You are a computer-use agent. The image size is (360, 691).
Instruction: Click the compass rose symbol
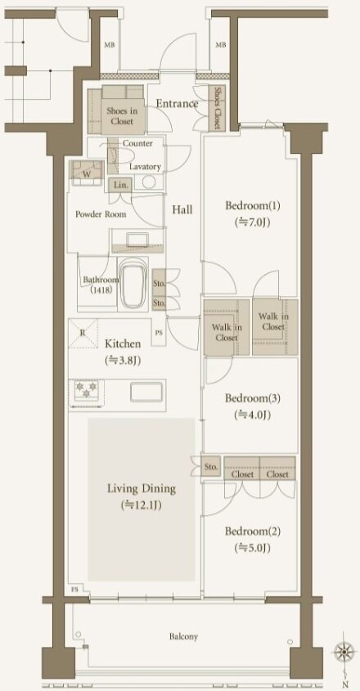click(344, 651)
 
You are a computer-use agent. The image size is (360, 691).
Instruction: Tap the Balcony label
click(183, 636)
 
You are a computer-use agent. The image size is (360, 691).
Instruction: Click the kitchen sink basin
click(146, 392)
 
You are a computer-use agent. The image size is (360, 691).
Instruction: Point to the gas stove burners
click(87, 390)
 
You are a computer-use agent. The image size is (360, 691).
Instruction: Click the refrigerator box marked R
click(83, 333)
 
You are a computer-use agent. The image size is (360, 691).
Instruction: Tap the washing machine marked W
click(88, 173)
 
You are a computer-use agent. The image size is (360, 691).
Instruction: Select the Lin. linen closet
click(120, 185)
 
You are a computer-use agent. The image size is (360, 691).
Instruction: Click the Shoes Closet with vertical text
click(217, 107)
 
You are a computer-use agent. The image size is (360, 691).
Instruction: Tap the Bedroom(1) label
click(253, 205)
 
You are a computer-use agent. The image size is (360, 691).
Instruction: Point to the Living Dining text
click(142, 488)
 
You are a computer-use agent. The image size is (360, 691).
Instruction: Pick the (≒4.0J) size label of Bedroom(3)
click(252, 415)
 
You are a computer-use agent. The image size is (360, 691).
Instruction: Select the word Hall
click(182, 210)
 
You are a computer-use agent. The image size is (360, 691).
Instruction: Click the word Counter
click(137, 144)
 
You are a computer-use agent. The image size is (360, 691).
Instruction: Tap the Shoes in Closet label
click(122, 116)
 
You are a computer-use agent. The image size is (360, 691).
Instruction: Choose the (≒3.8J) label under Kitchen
click(123, 361)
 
